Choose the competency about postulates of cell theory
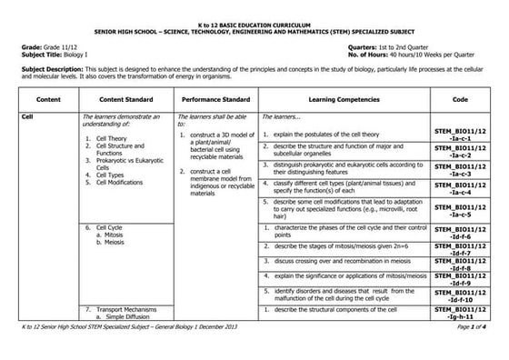coord(333,134)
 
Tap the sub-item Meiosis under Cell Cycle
coord(113,243)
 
